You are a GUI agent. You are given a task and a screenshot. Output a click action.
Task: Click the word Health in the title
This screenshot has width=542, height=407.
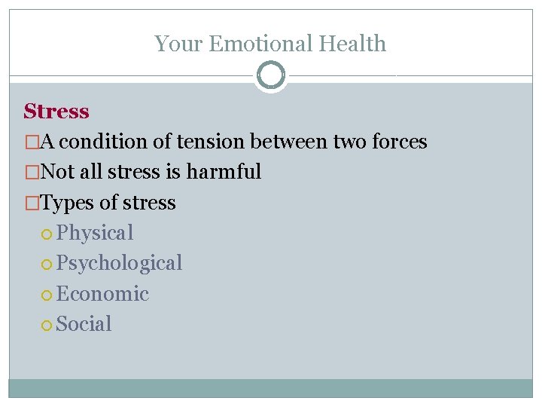352,44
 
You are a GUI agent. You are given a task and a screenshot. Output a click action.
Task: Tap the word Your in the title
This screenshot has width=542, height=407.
178,44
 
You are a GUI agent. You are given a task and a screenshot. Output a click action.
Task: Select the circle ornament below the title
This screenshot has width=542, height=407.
271,75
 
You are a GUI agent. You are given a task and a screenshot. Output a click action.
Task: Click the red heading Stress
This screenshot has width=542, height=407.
56,112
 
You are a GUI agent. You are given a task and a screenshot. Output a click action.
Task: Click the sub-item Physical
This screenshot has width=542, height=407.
94,233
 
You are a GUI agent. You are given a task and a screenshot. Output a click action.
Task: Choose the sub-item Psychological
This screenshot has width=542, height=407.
119,263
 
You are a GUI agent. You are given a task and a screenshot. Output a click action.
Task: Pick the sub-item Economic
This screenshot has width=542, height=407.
102,294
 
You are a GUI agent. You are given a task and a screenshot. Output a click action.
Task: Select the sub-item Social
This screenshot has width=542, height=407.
84,324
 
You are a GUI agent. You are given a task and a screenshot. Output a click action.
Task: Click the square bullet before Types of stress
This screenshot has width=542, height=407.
30,203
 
